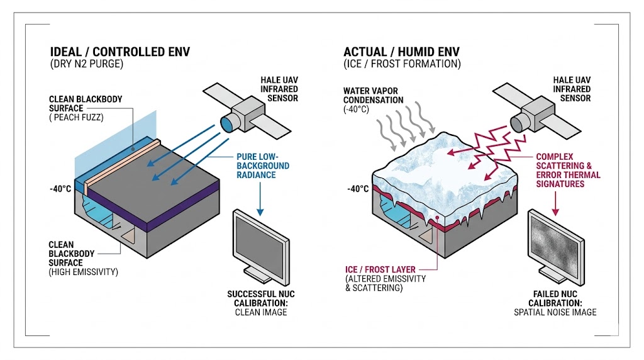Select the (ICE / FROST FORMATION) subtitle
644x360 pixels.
(402, 64)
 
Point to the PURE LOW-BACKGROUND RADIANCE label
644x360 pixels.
(262, 166)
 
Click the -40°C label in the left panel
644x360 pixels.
(61, 188)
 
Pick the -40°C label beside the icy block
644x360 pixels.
(357, 188)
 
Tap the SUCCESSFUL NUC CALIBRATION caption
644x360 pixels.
(261, 302)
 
